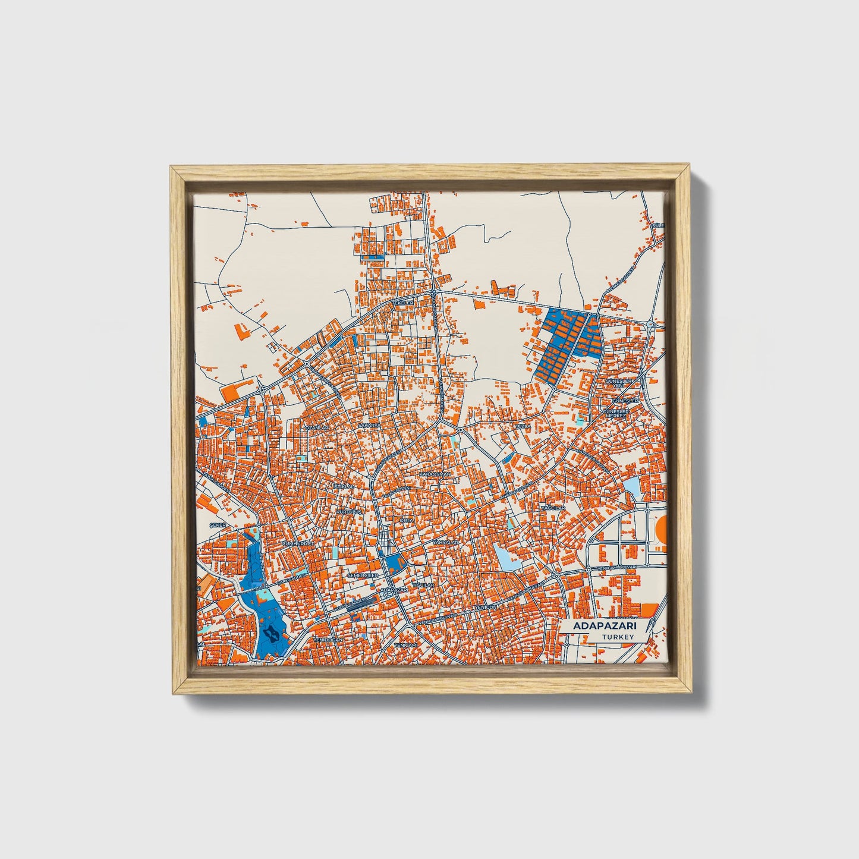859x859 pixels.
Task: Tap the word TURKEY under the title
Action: [x=618, y=637]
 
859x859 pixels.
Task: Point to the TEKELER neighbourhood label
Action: [x=402, y=303]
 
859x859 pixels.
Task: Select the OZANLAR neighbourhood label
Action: [x=316, y=427]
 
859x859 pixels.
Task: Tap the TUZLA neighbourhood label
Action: [x=523, y=426]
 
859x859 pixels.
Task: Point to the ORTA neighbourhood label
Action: [x=407, y=520]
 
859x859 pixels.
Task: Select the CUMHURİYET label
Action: [x=297, y=543]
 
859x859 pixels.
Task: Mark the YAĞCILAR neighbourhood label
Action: [x=552, y=509]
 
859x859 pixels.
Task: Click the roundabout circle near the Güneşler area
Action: [x=653, y=325]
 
